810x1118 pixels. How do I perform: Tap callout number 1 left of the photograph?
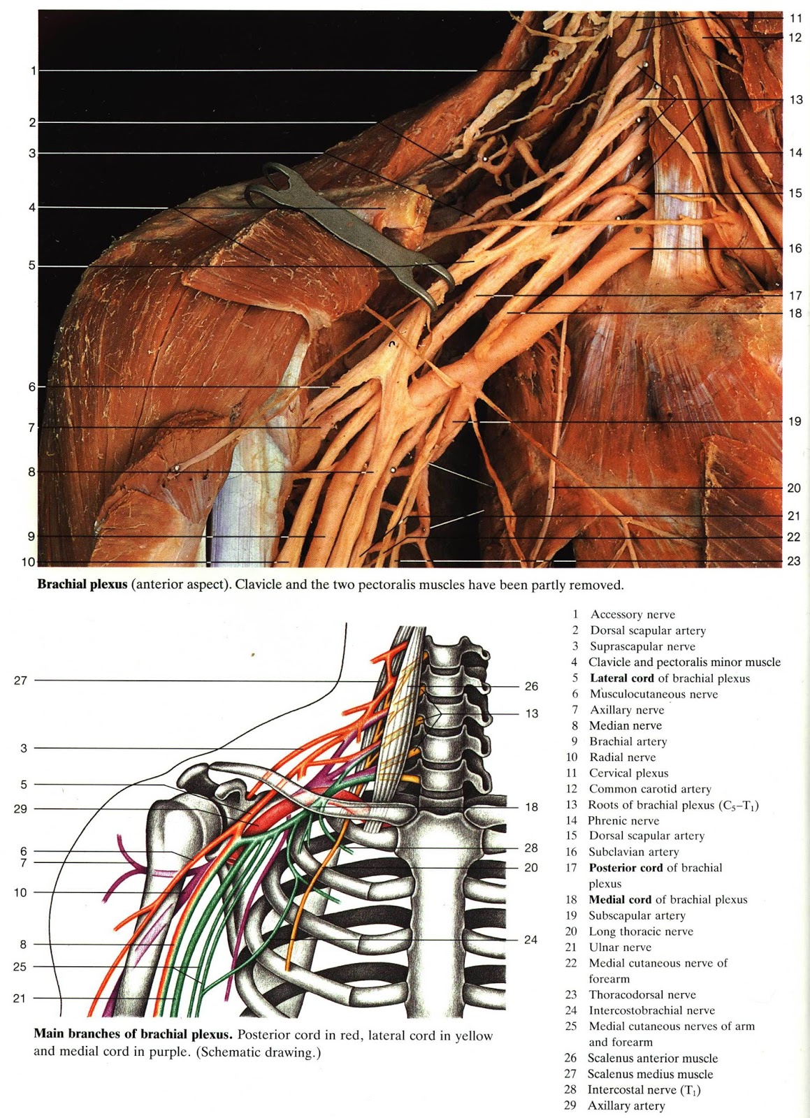33,71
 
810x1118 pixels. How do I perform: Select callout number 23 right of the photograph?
794,560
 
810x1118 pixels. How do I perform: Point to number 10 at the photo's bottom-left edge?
28,562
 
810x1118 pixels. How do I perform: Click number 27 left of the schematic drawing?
20,680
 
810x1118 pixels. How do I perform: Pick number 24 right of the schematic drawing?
531,940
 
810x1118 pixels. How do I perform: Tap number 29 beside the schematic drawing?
20,808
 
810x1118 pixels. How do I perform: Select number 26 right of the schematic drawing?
532,686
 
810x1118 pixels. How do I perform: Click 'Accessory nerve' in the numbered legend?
632,614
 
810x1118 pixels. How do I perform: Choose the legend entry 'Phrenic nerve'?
623,820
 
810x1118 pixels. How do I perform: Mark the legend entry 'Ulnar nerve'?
620,948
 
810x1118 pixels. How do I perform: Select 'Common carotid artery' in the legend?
650,789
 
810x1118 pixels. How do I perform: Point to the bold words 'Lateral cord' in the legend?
622,678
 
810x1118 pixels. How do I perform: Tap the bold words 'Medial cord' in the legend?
621,899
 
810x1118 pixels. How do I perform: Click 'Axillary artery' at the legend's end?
626,1105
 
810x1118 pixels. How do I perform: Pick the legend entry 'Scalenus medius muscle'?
650,1074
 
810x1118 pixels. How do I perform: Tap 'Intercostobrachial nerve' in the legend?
651,1010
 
